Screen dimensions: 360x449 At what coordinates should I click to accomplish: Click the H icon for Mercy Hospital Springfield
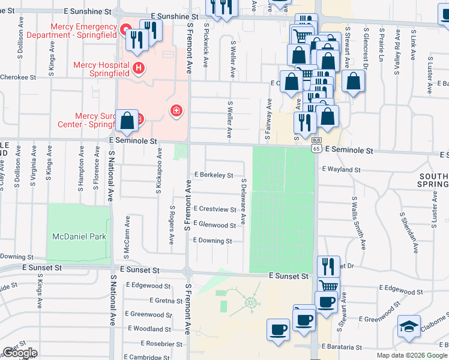[139, 68]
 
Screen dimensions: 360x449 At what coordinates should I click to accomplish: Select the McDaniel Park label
[79, 236]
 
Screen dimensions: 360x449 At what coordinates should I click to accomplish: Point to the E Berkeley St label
[213, 175]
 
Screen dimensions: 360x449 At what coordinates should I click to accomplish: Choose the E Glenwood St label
[215, 225]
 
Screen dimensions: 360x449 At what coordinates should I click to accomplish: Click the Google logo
[20, 353]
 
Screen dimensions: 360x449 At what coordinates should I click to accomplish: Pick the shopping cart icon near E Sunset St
[328, 286]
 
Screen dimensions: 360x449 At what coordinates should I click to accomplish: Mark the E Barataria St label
[342, 347]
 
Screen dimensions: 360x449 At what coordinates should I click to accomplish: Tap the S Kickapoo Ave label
[159, 177]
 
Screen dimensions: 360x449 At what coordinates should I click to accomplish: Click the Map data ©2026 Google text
[412, 355]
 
